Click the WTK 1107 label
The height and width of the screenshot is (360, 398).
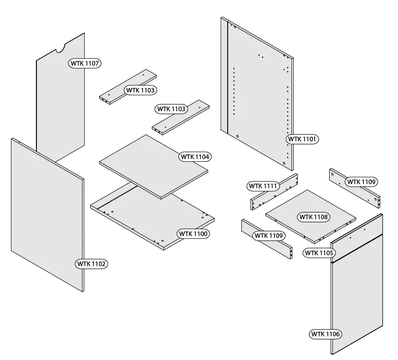[x=85, y=63]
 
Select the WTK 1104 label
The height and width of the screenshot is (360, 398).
[x=195, y=157]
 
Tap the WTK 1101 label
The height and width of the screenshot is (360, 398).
[x=302, y=139]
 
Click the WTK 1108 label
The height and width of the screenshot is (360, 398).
[x=314, y=217]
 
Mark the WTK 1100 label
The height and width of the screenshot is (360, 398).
[x=194, y=234]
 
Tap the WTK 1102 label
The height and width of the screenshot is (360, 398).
[x=92, y=263]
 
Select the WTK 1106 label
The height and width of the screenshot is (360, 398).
[x=326, y=334]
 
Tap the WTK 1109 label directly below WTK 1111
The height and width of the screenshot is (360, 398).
[x=268, y=236]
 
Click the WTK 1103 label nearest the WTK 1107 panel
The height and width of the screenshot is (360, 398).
[x=141, y=90]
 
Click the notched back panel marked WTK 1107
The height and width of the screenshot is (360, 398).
[x=59, y=105]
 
